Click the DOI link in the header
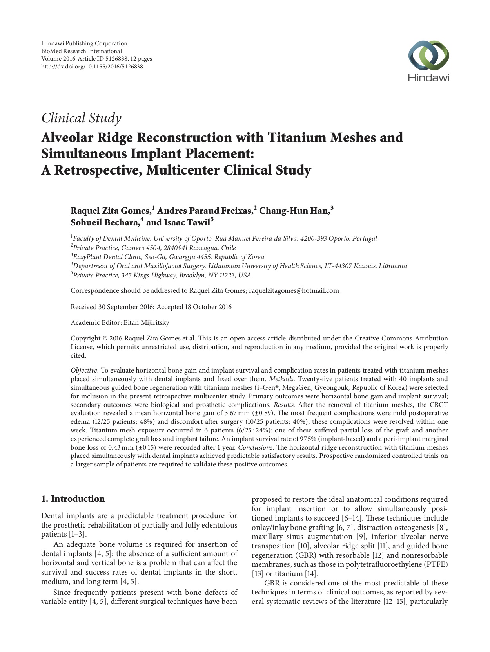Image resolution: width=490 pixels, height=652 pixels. pyautogui.click(x=92, y=67)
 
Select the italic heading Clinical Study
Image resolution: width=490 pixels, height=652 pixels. pyautogui.click(x=81, y=118)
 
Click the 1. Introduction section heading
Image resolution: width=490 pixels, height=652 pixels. pyautogui.click(x=73, y=499)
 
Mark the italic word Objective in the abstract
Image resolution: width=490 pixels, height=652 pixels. pyautogui.click(x=83, y=370)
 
